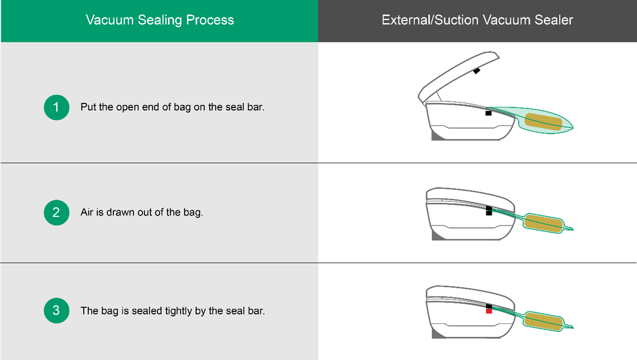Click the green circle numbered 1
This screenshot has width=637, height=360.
[x=56, y=107]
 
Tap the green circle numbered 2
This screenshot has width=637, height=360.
[x=56, y=212]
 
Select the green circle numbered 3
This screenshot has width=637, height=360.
[x=56, y=310]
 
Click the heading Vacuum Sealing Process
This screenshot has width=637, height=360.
[x=160, y=20]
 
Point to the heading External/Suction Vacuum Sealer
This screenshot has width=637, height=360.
[x=477, y=20]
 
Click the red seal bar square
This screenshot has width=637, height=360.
[x=489, y=311]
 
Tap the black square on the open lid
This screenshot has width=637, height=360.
[x=476, y=71]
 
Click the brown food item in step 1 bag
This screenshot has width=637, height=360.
[x=543, y=122]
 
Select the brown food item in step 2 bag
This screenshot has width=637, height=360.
[x=543, y=224]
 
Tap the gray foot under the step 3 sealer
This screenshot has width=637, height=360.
[x=437, y=334]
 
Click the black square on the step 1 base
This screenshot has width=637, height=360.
[x=488, y=113]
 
